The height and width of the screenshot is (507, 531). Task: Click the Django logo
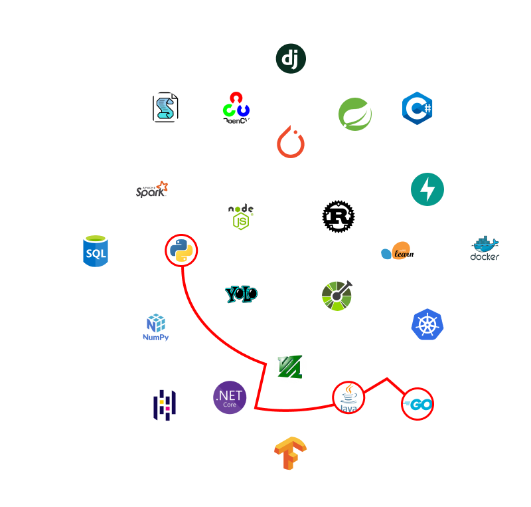pos(290,58)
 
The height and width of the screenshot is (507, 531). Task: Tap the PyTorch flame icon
pos(290,142)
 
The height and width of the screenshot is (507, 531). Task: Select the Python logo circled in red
pos(181,251)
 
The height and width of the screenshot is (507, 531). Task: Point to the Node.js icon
pos(241,217)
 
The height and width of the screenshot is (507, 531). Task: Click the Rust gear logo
pos(338,217)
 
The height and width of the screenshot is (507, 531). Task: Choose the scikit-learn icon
pos(398,251)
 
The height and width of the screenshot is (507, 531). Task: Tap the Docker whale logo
pos(485,251)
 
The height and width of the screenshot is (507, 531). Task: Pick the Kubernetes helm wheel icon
pos(427,324)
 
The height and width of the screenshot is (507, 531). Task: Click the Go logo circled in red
pos(417,403)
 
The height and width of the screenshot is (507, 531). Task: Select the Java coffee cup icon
pos(348,397)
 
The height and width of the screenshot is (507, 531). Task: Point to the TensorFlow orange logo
pos(291,453)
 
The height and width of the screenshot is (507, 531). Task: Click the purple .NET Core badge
pos(230,397)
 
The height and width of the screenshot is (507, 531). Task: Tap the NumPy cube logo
pos(156,327)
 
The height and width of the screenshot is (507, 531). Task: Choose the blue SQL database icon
pos(96,251)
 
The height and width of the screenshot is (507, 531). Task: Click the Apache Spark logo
pos(152,189)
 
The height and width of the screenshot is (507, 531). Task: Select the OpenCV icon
pos(236,108)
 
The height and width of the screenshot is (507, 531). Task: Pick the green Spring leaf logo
pos(354,114)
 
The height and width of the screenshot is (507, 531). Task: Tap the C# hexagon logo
pos(417,108)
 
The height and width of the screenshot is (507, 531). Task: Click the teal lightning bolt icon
pos(427,189)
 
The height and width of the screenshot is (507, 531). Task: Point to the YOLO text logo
pos(241,294)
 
